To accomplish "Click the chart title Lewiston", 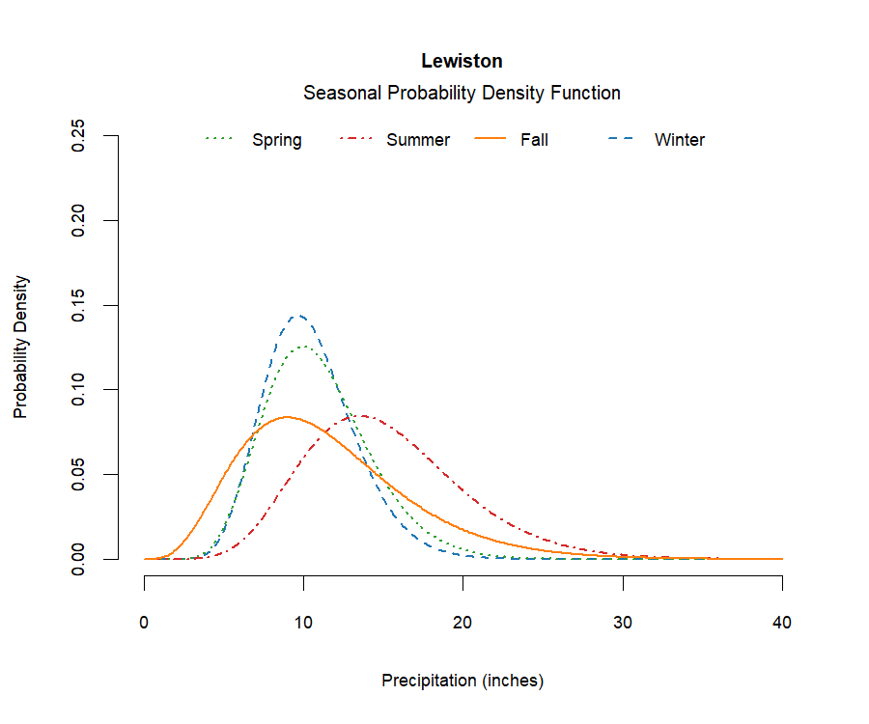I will coord(462,61).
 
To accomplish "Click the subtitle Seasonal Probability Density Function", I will coord(462,93).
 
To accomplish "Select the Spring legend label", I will coord(276,140).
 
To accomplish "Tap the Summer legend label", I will coord(417,140).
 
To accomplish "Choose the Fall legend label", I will coord(534,140).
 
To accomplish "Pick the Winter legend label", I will coord(679,140).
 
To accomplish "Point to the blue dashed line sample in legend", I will coord(620,140).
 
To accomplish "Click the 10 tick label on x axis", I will coord(303,623).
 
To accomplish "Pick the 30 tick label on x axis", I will coord(622,623).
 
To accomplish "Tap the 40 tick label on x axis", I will coord(781,623).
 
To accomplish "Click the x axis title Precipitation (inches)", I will coord(463,681).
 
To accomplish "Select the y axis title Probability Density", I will coord(20,347).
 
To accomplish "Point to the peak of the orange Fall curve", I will coord(286,417).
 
